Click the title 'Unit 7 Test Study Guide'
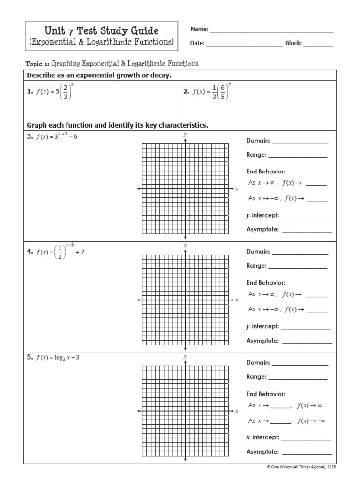tap(101, 31)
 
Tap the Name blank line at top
tap(271, 31)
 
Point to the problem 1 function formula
tap(51, 93)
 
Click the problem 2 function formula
tap(208, 93)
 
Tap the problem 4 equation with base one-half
tap(55, 252)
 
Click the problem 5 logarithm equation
tap(56, 358)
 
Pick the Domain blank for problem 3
tap(300, 142)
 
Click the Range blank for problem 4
tap(298, 267)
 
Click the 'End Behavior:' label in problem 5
tap(266, 394)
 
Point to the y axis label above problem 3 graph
tap(185, 135)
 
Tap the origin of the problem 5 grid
tap(185, 411)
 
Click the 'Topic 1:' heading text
tap(38, 63)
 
